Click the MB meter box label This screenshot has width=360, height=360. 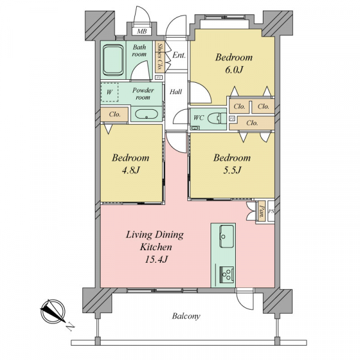click(142, 31)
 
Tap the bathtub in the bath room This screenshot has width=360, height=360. click(113, 60)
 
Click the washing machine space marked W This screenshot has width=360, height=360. click(110, 92)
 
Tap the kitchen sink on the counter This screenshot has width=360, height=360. click(227, 236)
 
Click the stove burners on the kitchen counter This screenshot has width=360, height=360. click(227, 275)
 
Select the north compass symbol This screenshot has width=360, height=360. click(53, 311)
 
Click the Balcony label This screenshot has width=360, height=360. click(186, 316)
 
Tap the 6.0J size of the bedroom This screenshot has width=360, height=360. click(234, 70)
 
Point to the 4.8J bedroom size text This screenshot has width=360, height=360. click(131, 170)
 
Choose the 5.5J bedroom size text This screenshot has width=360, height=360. click(232, 170)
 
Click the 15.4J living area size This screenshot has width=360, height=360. click(156, 259)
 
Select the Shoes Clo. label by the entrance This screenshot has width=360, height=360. click(159, 57)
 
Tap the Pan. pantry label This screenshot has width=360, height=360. click(262, 211)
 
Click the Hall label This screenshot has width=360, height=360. click(176, 92)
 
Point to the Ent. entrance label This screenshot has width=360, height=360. click(179, 55)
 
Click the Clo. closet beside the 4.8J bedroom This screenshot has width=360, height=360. click(115, 114)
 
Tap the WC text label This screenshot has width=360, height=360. click(199, 118)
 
